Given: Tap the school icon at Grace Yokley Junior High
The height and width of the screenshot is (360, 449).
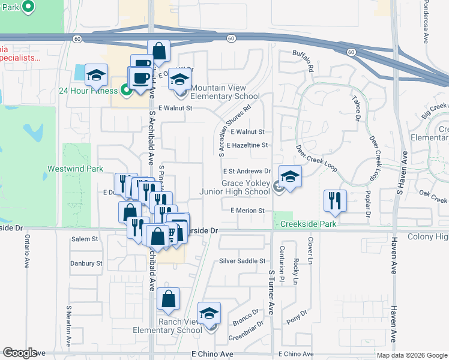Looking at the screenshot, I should tap(290, 177).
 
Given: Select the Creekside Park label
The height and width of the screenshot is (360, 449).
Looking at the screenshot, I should tap(308, 224).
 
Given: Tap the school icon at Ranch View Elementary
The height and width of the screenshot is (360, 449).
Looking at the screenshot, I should tap(209, 314).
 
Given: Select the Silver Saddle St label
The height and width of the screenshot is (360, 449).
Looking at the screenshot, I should tap(242, 261).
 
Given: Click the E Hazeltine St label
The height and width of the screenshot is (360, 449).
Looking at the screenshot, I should tap(247, 145).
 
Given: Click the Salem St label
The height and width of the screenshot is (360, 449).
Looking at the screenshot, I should tap(85, 239).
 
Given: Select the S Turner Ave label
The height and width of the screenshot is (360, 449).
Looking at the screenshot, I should tap(271, 292).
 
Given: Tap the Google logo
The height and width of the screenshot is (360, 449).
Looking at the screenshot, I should tap(20, 353).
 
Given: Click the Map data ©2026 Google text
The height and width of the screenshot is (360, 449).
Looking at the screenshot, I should tap(411, 355).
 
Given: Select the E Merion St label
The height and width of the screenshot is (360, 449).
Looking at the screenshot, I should tap(247, 211).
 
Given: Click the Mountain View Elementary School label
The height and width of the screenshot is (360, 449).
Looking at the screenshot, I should tap(225, 92).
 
